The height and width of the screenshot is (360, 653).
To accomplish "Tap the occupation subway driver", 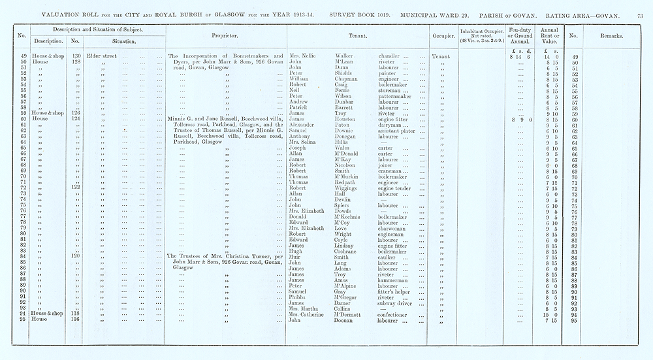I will tap(396, 303).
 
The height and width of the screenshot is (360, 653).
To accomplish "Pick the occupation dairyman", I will tap(392, 126).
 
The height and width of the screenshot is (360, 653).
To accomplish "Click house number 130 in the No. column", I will tap(76, 56).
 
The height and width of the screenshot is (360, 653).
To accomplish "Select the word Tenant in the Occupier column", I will tap(441, 56).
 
